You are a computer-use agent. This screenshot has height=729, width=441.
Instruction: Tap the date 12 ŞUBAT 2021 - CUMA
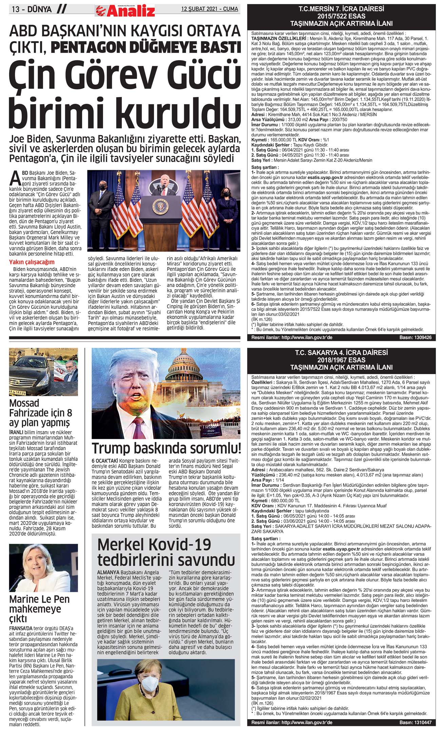tap(209, 9)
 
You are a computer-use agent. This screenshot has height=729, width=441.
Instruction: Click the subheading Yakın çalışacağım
tap(32, 262)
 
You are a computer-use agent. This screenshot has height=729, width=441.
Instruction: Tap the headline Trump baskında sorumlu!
tap(166, 448)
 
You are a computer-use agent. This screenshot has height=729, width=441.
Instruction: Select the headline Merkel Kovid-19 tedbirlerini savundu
tap(166, 552)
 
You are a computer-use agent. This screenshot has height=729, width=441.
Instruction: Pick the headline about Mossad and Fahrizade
tap(41, 413)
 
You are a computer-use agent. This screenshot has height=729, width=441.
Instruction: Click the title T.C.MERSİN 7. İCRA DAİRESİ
tap(341, 8)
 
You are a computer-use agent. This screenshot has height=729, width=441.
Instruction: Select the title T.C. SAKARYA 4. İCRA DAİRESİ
tap(341, 352)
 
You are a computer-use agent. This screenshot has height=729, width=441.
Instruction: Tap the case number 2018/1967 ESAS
tap(341, 360)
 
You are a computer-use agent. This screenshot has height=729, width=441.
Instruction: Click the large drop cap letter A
tap(14, 178)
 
